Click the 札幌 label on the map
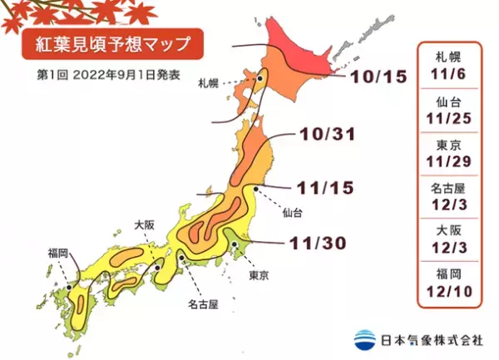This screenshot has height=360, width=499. tap(209, 83)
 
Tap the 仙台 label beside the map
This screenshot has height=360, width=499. tap(292, 213)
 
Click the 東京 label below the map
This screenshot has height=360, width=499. tap(259, 274)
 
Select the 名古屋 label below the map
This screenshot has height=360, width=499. tap(202, 304)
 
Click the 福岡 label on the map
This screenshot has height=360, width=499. tap(57, 249)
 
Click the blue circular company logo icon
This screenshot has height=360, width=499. tap(363, 338)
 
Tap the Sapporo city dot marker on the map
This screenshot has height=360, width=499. tap(260, 79)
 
